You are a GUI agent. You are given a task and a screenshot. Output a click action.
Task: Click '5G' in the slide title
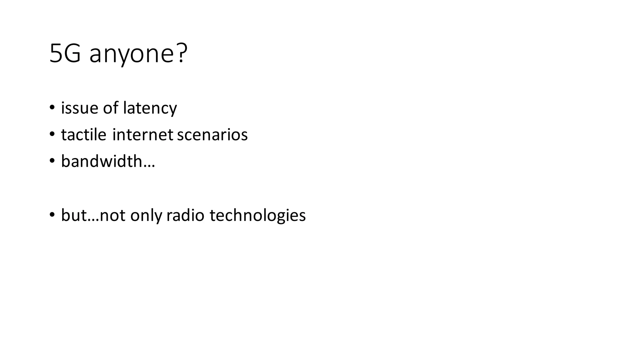65,54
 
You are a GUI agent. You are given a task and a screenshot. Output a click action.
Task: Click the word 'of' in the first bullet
111,108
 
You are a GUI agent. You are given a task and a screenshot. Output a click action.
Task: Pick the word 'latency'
150,109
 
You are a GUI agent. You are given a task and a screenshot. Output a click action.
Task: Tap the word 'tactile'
83,135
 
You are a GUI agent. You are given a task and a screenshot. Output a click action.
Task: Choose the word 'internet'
143,135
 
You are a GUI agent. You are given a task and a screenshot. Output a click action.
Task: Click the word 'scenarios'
212,135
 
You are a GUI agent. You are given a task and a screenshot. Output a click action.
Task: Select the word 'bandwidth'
102,162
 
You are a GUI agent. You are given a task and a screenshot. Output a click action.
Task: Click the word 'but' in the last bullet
74,215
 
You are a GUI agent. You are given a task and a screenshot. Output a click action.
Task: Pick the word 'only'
146,216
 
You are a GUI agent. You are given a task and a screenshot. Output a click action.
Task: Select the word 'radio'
185,215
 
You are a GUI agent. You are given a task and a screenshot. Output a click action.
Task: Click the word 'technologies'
257,216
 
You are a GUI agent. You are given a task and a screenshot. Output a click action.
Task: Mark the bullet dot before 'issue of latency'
52,108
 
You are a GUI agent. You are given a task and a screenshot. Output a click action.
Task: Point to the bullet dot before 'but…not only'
52,215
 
